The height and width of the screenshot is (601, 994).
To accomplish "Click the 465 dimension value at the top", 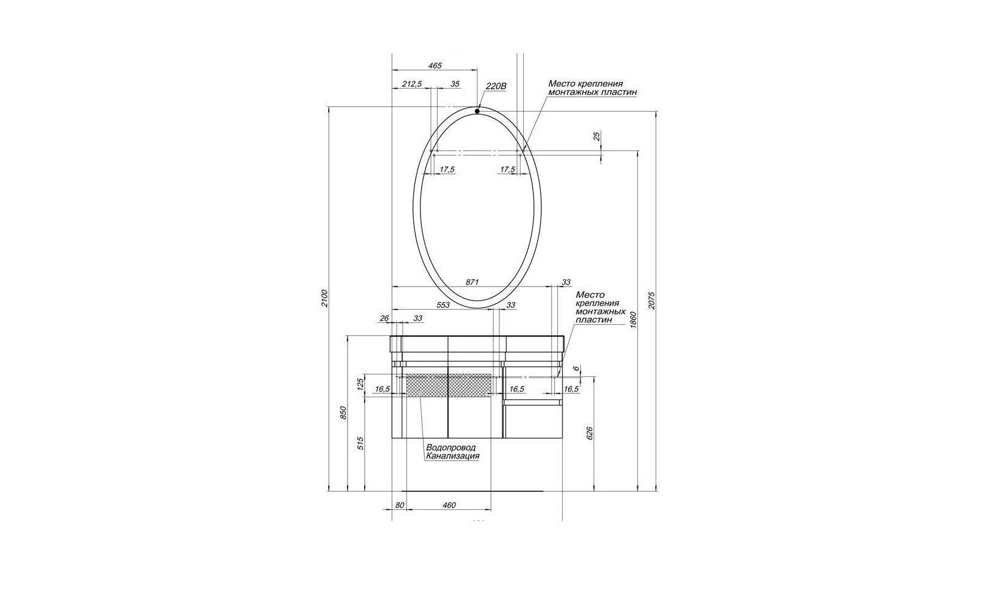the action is [x=435, y=66].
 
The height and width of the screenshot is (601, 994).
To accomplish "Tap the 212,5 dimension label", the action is [x=413, y=84].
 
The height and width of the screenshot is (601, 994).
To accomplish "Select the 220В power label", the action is [x=496, y=86].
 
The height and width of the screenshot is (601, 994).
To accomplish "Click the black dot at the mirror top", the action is [x=477, y=111].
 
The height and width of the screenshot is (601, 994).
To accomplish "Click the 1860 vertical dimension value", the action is [x=633, y=319].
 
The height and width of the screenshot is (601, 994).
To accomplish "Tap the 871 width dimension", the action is [x=472, y=282].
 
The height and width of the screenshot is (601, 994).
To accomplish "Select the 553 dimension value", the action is [x=443, y=305].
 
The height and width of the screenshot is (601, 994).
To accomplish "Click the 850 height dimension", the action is [x=343, y=413].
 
